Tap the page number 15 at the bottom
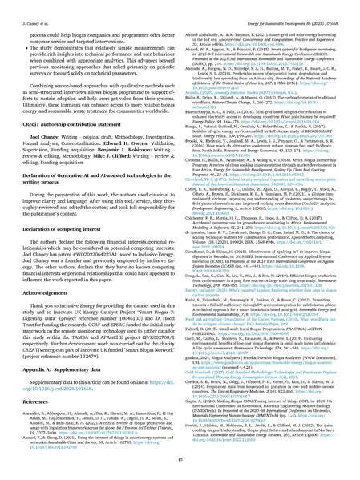pos(180,466)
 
